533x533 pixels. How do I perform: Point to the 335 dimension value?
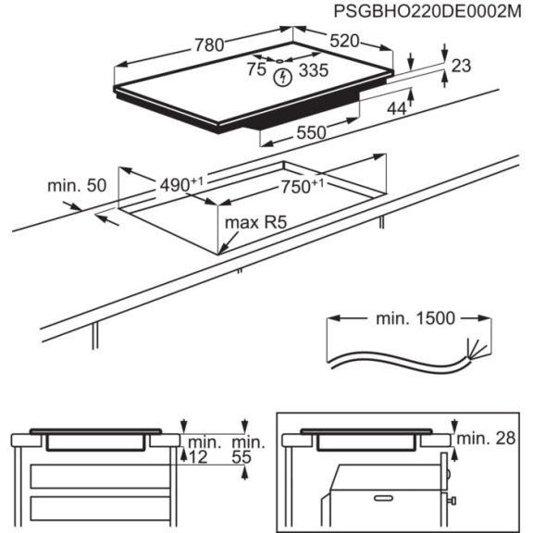[314, 69]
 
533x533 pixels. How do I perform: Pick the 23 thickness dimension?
[462, 65]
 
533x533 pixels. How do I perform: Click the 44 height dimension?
[397, 109]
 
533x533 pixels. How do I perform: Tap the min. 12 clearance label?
[202, 451]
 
